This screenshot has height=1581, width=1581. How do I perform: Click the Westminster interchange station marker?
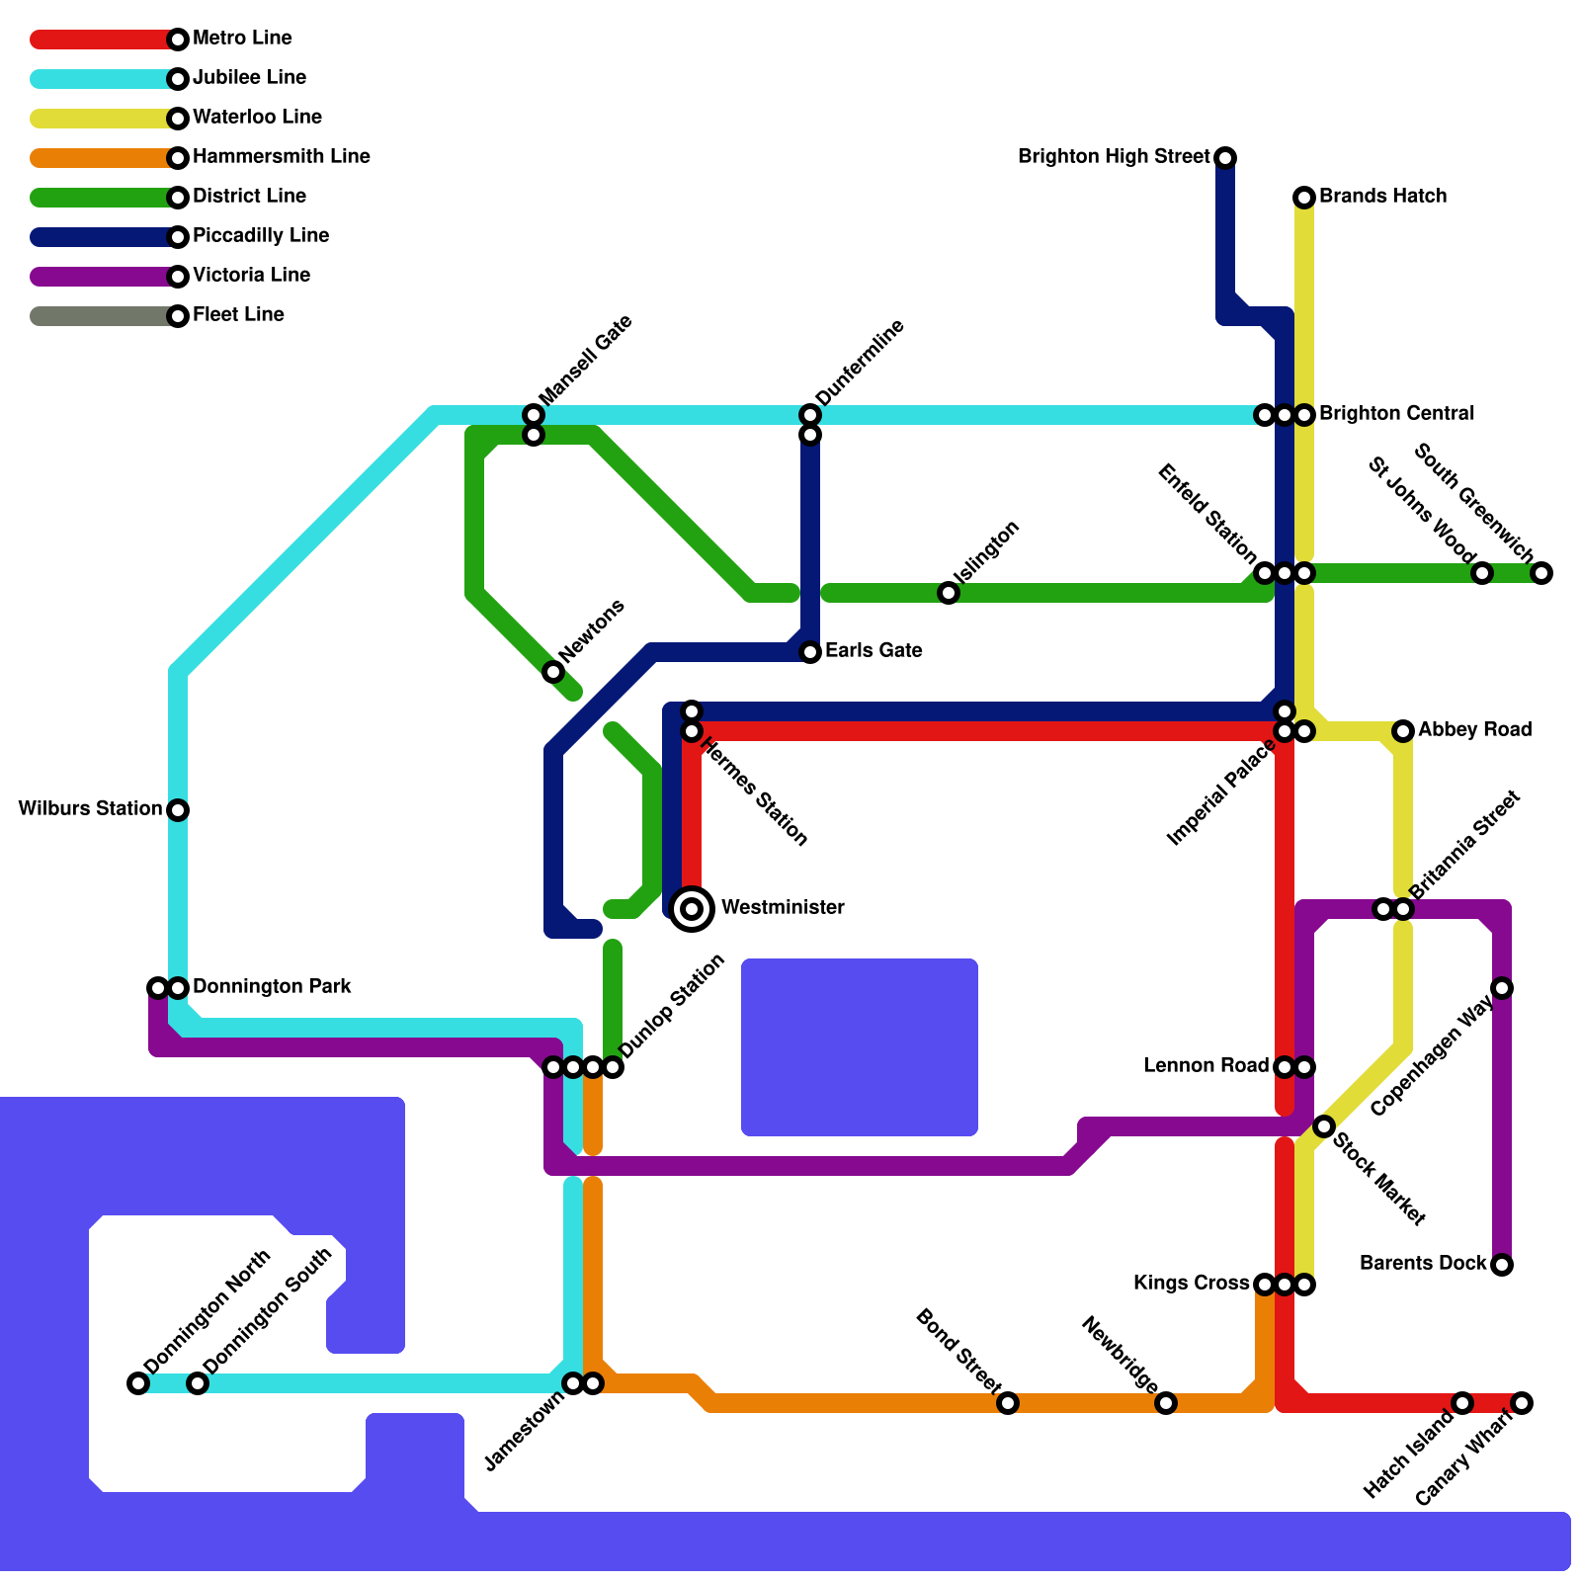(x=693, y=908)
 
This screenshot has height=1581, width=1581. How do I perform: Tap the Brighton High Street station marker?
(x=1225, y=158)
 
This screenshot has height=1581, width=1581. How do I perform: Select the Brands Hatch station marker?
(x=1304, y=198)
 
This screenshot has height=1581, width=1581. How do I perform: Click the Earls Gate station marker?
(x=810, y=652)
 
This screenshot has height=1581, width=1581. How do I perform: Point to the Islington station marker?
(x=949, y=593)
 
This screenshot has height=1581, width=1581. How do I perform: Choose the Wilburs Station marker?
(x=178, y=810)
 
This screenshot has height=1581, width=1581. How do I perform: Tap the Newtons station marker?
(x=553, y=672)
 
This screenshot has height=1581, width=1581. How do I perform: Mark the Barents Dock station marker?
(x=1502, y=1265)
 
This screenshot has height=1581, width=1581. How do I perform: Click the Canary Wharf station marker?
(x=1522, y=1403)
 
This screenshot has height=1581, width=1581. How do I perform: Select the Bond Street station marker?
(x=1008, y=1403)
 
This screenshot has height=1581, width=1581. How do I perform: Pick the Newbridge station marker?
(x=1166, y=1403)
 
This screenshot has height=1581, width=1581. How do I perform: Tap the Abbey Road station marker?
(x=1403, y=731)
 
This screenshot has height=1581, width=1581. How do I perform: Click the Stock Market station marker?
(x=1324, y=1126)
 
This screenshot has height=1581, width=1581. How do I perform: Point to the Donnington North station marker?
(x=138, y=1383)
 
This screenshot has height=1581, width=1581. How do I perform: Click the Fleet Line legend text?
(x=238, y=315)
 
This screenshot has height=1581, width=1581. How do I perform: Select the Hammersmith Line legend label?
(x=281, y=157)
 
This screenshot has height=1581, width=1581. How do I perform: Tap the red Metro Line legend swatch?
(x=99, y=40)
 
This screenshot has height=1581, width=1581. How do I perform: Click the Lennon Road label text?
(x=1206, y=1066)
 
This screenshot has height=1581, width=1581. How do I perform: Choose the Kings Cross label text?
(x=1192, y=1284)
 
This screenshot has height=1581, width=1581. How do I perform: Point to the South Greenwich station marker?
(x=1541, y=573)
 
